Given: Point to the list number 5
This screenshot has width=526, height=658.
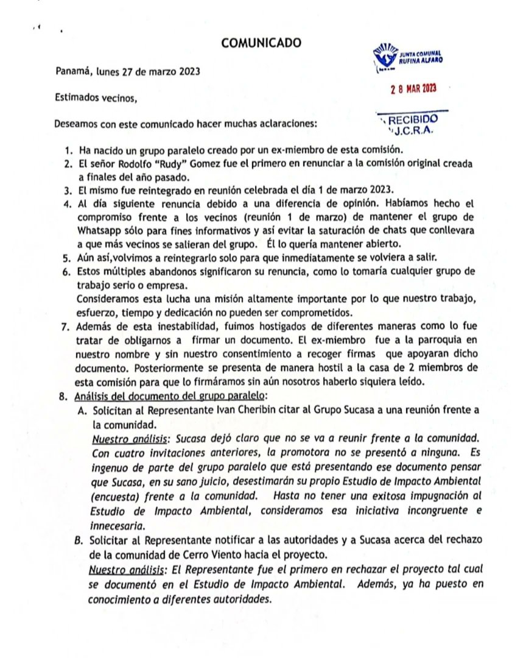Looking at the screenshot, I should click(67, 258).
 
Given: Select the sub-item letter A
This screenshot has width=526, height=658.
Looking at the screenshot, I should click(81, 411).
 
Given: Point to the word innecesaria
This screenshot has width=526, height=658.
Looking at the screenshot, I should click(118, 524).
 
